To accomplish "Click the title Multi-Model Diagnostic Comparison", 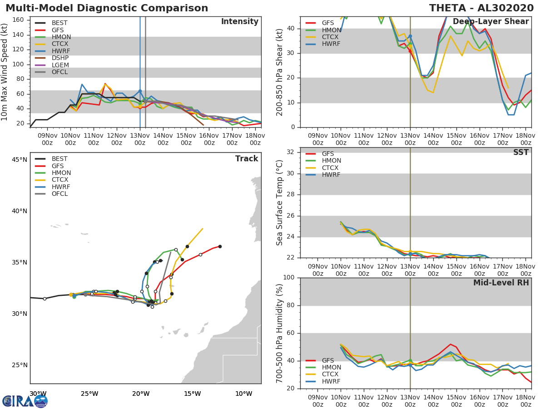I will point(107,8).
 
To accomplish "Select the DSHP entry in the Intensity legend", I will point(60,58).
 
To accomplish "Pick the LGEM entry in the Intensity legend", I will point(60,65).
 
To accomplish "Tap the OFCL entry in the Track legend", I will point(59,194).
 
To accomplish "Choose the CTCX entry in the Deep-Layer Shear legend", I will point(331,37).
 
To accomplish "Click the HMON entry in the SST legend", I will point(331,161).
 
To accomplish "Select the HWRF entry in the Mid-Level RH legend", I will point(331,381).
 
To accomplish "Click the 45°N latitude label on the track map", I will point(19,160).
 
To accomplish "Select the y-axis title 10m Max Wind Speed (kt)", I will point(5,72).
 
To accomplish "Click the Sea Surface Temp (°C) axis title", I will point(280,202).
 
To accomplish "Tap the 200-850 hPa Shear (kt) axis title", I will point(280,72).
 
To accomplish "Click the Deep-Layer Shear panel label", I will point(490,22).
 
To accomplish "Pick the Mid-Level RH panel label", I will point(501,283).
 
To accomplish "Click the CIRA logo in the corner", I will point(25,401).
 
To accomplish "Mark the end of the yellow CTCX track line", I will point(203,229).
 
